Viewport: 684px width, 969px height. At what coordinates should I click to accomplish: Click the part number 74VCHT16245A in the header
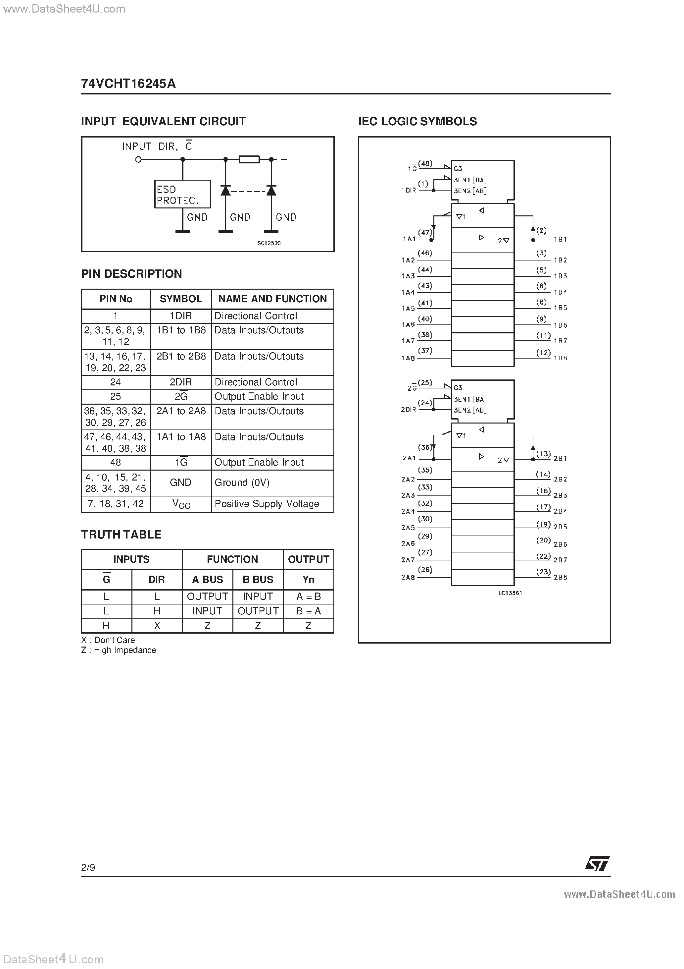pos(128,84)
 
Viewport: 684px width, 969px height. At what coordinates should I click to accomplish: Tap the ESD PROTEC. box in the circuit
pos(182,194)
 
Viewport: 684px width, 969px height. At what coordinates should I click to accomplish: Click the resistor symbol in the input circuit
pos(249,159)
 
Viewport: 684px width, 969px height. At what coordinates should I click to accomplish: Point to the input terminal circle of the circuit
pos(138,159)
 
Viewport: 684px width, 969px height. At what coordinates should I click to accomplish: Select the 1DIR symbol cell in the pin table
pos(180,316)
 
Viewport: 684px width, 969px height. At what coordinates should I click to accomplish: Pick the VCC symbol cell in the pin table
pos(181,504)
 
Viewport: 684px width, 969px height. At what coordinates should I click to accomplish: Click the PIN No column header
pos(116,299)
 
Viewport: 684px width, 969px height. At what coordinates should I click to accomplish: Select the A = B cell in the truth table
pos(308,596)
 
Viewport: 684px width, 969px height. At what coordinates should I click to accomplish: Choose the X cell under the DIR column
pos(157,625)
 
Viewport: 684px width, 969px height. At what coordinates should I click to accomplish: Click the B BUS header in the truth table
pos(258,580)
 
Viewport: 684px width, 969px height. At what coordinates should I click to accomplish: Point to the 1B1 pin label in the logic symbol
pos(560,239)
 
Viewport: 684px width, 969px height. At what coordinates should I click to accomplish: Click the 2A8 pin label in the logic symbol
pos(408,577)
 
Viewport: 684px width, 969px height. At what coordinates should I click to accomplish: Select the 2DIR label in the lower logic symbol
pos(408,409)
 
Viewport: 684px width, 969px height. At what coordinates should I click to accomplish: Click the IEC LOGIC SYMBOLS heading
pos(417,122)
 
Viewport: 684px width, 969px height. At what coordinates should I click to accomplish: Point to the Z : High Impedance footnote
pos(119,650)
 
